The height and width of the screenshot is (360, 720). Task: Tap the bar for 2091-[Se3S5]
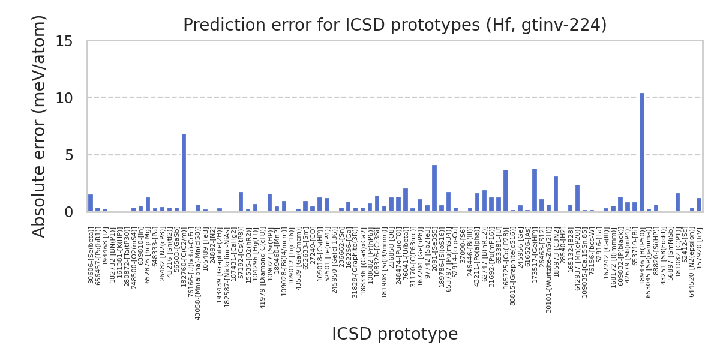[434, 188]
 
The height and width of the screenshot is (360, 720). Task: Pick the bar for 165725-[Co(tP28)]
[506, 191]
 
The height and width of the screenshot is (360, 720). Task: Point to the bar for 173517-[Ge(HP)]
[535, 190]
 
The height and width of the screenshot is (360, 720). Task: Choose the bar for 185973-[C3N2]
[556, 194]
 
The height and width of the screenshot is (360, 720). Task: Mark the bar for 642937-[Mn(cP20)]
[577, 198]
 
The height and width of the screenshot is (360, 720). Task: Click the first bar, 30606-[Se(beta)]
[91, 203]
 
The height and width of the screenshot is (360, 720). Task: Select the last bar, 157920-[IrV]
[699, 205]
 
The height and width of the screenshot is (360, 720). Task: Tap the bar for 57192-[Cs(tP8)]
[241, 202]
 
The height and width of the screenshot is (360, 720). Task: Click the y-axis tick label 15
[64, 41]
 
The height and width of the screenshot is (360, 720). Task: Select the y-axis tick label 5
[68, 155]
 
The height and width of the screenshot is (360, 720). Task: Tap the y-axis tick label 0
[68, 212]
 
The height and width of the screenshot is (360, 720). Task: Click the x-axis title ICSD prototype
[395, 334]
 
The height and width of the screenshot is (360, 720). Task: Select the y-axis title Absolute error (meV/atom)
[40, 126]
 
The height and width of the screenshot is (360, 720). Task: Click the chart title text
[395, 25]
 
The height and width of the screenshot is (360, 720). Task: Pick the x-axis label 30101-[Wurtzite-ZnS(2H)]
[548, 262]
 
